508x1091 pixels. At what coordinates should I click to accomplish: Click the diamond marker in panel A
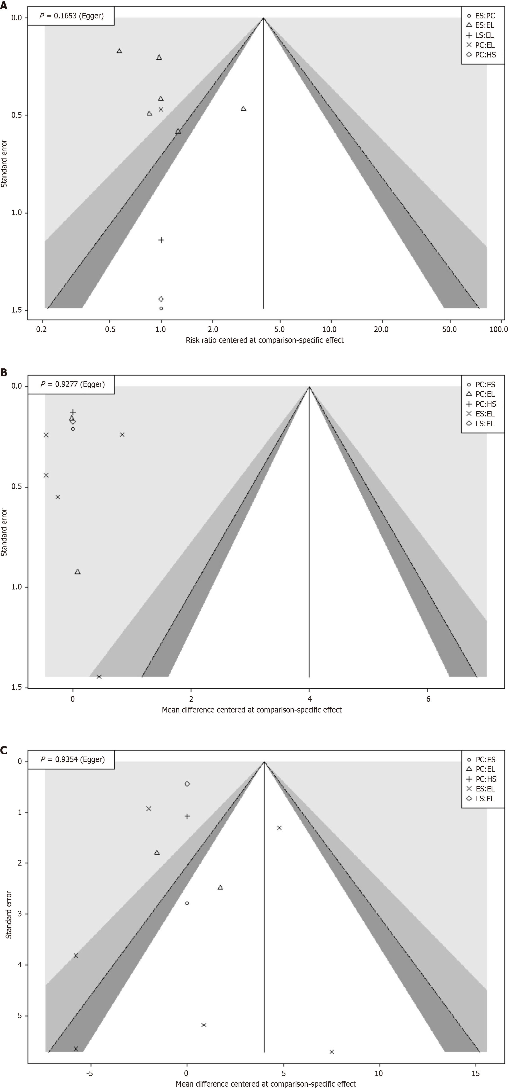(x=161, y=299)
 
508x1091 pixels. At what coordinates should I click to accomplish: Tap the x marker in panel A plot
(x=161, y=109)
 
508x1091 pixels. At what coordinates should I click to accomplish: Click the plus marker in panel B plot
(x=73, y=412)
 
